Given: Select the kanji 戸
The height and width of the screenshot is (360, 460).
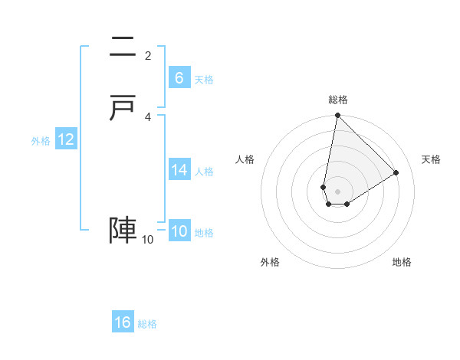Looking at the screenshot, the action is pos(123,109).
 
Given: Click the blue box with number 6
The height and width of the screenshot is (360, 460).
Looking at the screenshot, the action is pos(179,78).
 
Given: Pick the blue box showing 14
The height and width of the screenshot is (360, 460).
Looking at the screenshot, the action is pos(179,170).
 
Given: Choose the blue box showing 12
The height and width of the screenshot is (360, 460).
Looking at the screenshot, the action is pos(66,139).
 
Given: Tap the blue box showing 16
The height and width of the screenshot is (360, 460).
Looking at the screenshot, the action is pos(123,322).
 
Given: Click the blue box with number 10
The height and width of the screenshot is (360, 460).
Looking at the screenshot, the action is pos(179,232).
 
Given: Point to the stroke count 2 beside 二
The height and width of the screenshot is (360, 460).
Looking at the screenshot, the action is pos(148,55).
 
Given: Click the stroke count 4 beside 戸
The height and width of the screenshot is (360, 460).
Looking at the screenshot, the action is pos(148,116).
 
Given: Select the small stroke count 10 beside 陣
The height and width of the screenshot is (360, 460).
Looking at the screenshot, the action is pos(148,240).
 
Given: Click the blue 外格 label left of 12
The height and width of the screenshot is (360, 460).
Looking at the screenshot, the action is pos(41,141).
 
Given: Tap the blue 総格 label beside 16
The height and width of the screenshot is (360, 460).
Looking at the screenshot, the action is pos(147,324).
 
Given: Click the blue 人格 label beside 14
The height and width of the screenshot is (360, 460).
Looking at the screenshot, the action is pos(205,172).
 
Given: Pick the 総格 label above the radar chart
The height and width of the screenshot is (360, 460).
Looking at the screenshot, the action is pos(338,100).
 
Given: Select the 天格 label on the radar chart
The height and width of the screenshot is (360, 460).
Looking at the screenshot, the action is pos(431,159).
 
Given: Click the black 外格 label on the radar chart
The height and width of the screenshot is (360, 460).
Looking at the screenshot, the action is pos(270,262).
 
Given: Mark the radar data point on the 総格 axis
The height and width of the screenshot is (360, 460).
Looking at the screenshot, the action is pos(337,116).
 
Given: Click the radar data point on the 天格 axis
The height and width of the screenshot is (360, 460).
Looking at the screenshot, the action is pos(396,172).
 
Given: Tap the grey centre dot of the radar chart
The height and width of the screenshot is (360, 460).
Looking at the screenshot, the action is pos(337,191).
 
